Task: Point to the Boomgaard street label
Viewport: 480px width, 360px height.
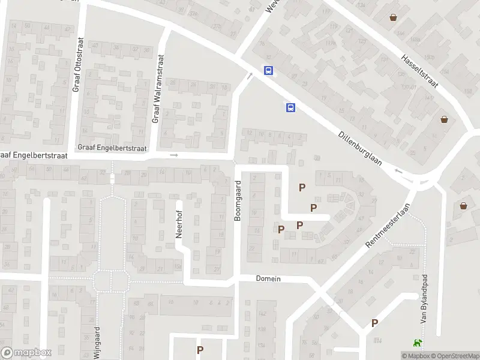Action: tap(238, 201)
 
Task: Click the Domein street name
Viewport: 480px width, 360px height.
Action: tap(268, 278)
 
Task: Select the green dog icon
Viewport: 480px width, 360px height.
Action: tap(415, 343)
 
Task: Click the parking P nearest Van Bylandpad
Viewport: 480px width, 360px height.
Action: tap(374, 323)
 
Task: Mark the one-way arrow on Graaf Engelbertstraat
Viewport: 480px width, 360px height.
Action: tap(175, 155)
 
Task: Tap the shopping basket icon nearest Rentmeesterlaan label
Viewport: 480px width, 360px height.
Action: tap(464, 206)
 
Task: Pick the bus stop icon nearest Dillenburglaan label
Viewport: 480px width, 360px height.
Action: tap(290, 107)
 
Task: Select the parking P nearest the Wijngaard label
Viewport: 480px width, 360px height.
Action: tap(200, 350)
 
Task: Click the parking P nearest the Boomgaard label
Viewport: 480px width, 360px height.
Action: tap(281, 229)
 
